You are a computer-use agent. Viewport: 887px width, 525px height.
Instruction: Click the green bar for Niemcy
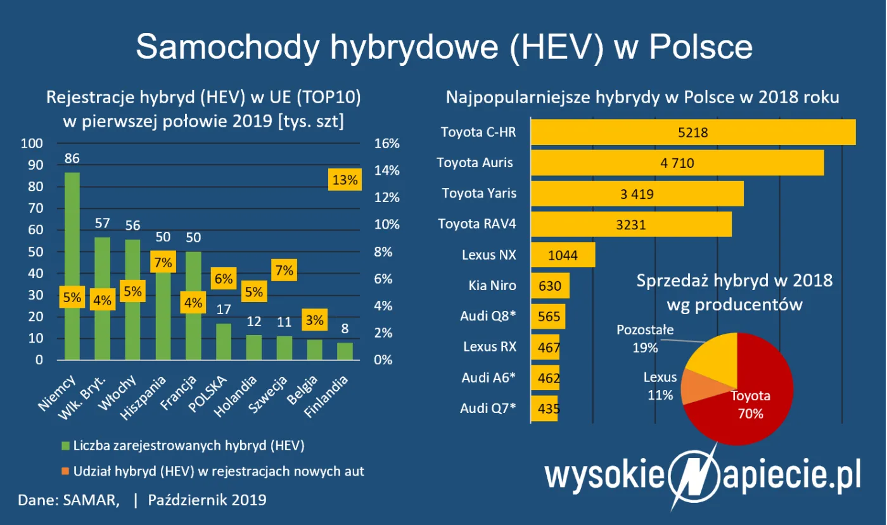pos(72,241)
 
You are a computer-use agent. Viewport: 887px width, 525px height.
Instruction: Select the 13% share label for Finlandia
pos(345,179)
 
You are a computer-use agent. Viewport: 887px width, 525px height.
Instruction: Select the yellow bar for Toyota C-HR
pos(692,132)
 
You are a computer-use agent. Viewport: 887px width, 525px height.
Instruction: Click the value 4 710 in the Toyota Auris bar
pos(677,163)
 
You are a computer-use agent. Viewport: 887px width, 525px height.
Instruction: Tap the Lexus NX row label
pos(489,255)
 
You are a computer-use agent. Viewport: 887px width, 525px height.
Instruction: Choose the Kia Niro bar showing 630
pos(550,286)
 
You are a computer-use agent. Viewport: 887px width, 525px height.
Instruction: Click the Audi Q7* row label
pos(488,408)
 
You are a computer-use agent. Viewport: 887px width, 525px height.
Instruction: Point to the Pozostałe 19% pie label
pos(645,339)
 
